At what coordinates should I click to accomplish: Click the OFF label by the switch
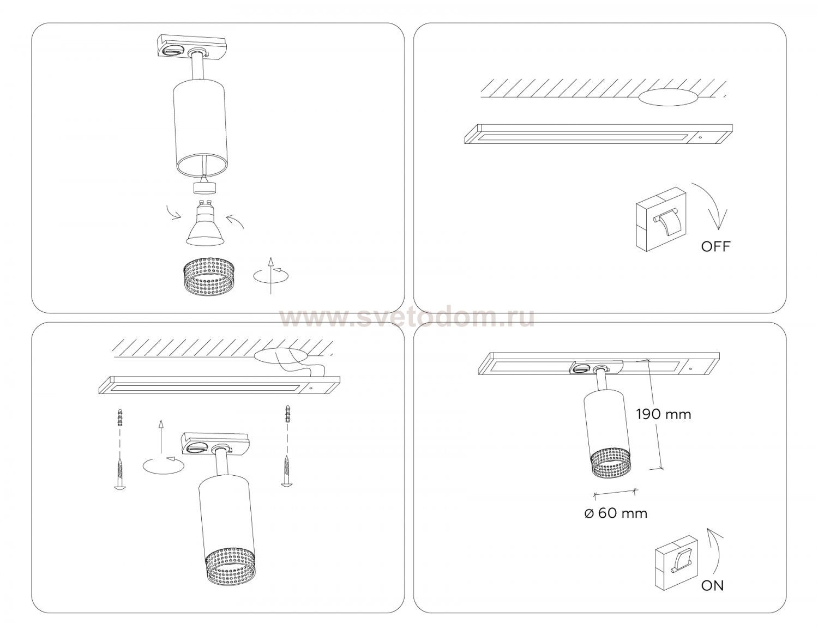[x=715, y=246]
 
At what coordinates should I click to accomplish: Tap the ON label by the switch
[x=712, y=586]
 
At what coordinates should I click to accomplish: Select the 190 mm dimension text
[x=664, y=415]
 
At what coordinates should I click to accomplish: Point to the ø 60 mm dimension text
[x=616, y=513]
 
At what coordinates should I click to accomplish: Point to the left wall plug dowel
[x=120, y=417]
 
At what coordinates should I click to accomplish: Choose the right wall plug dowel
[x=287, y=414]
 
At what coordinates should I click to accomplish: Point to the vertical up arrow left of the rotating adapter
[x=161, y=437]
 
